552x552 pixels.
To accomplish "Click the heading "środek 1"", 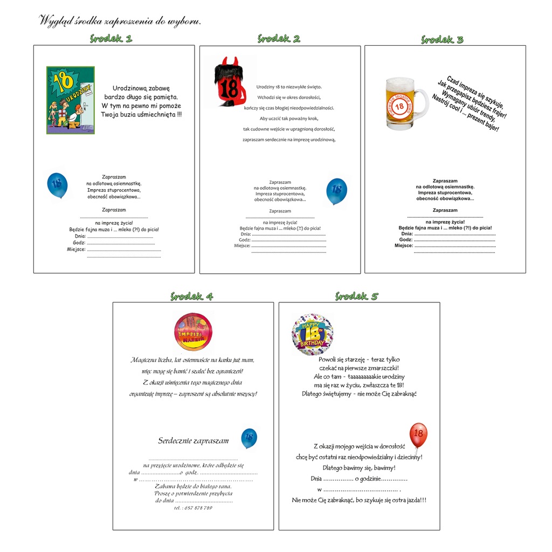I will (x=111, y=38).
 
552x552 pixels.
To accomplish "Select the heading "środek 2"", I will (x=279, y=38).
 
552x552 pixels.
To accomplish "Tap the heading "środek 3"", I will (x=442, y=39).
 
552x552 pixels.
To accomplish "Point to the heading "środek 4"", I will (x=192, y=296).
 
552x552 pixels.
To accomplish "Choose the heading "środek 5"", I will (x=357, y=296).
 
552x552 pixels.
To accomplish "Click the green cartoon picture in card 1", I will (x=71, y=100).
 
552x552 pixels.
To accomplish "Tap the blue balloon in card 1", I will (x=57, y=184).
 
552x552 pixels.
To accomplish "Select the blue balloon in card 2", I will (x=336, y=191).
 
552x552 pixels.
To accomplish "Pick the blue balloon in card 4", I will (x=249, y=438).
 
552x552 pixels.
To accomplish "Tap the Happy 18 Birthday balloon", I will (x=313, y=334).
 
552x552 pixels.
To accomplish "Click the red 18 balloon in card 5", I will (x=418, y=435).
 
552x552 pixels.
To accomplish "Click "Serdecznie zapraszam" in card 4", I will (x=193, y=440).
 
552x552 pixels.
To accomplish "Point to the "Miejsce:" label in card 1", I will (x=76, y=249).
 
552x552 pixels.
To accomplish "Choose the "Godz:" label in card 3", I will (x=405, y=240).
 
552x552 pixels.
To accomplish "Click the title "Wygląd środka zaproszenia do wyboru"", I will (x=120, y=22).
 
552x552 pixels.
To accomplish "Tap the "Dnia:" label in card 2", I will (x=246, y=234).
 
